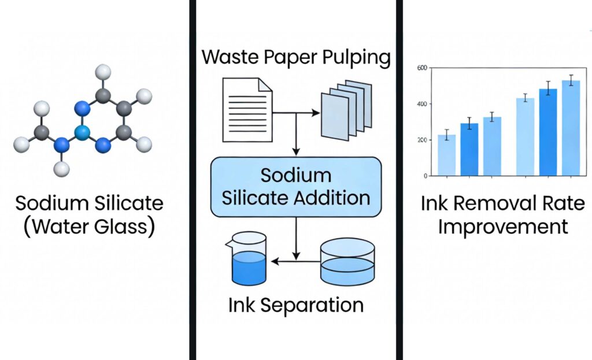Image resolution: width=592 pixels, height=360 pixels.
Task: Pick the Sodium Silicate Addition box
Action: pos(296,186)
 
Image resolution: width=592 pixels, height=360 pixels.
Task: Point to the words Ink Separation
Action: pos(296,305)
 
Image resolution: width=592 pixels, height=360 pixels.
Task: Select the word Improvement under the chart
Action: pos(502,227)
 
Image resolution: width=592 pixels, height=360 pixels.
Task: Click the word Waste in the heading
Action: pos(231,57)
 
